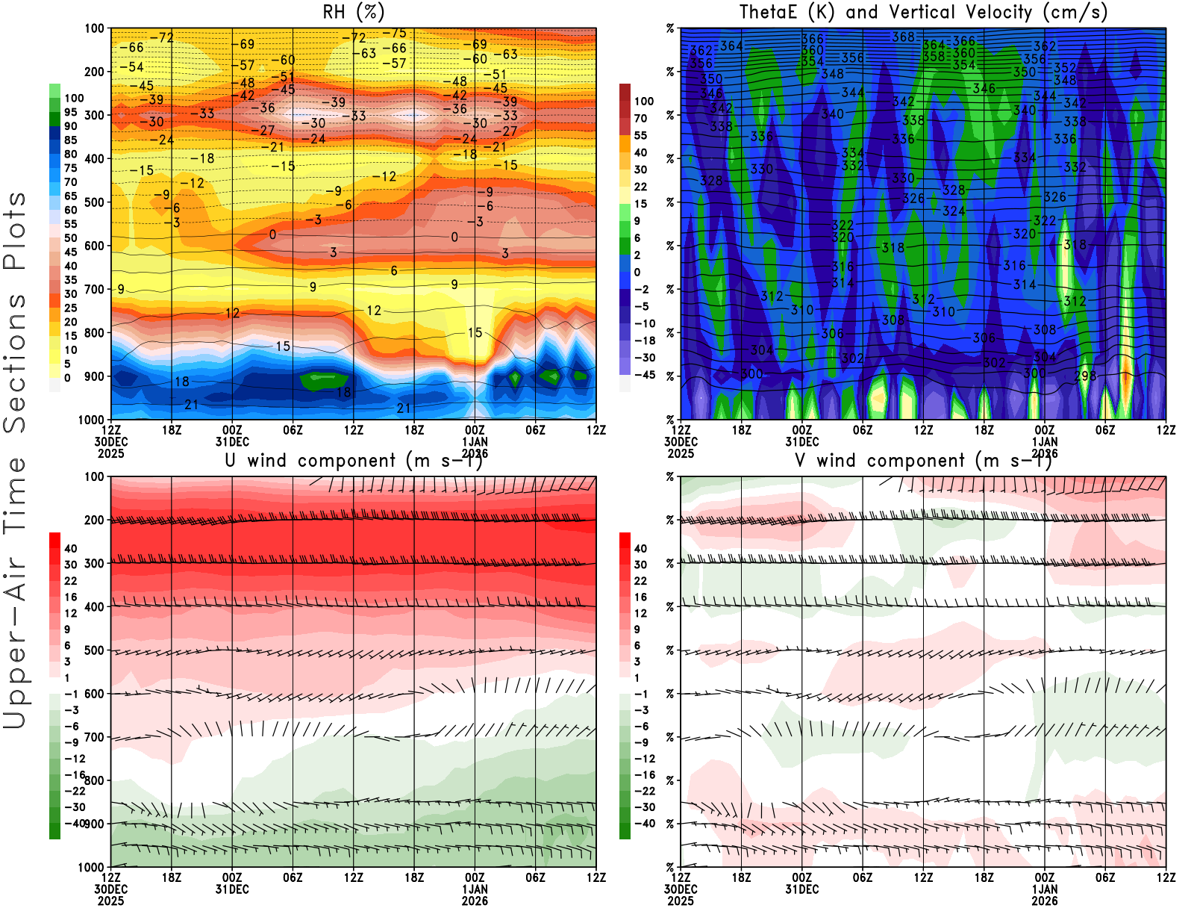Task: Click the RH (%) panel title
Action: tap(353, 12)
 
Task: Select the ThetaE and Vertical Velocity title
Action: tap(923, 12)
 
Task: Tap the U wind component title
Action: tap(353, 460)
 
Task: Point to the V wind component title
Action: tap(923, 460)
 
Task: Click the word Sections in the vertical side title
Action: tap(15, 362)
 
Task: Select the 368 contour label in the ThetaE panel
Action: tap(903, 37)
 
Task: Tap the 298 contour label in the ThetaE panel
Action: tap(1085, 376)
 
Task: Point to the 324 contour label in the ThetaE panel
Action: tap(954, 211)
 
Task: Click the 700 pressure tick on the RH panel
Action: tap(95, 289)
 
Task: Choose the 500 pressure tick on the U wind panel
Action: tap(95, 650)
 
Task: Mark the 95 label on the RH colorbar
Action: tap(70, 112)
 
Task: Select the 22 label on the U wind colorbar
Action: tap(70, 581)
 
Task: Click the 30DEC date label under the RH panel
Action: tap(110, 441)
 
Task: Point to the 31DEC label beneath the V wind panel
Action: tap(801, 889)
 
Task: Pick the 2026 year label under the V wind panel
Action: tap(1045, 901)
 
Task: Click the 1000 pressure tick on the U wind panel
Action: tap(92, 867)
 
